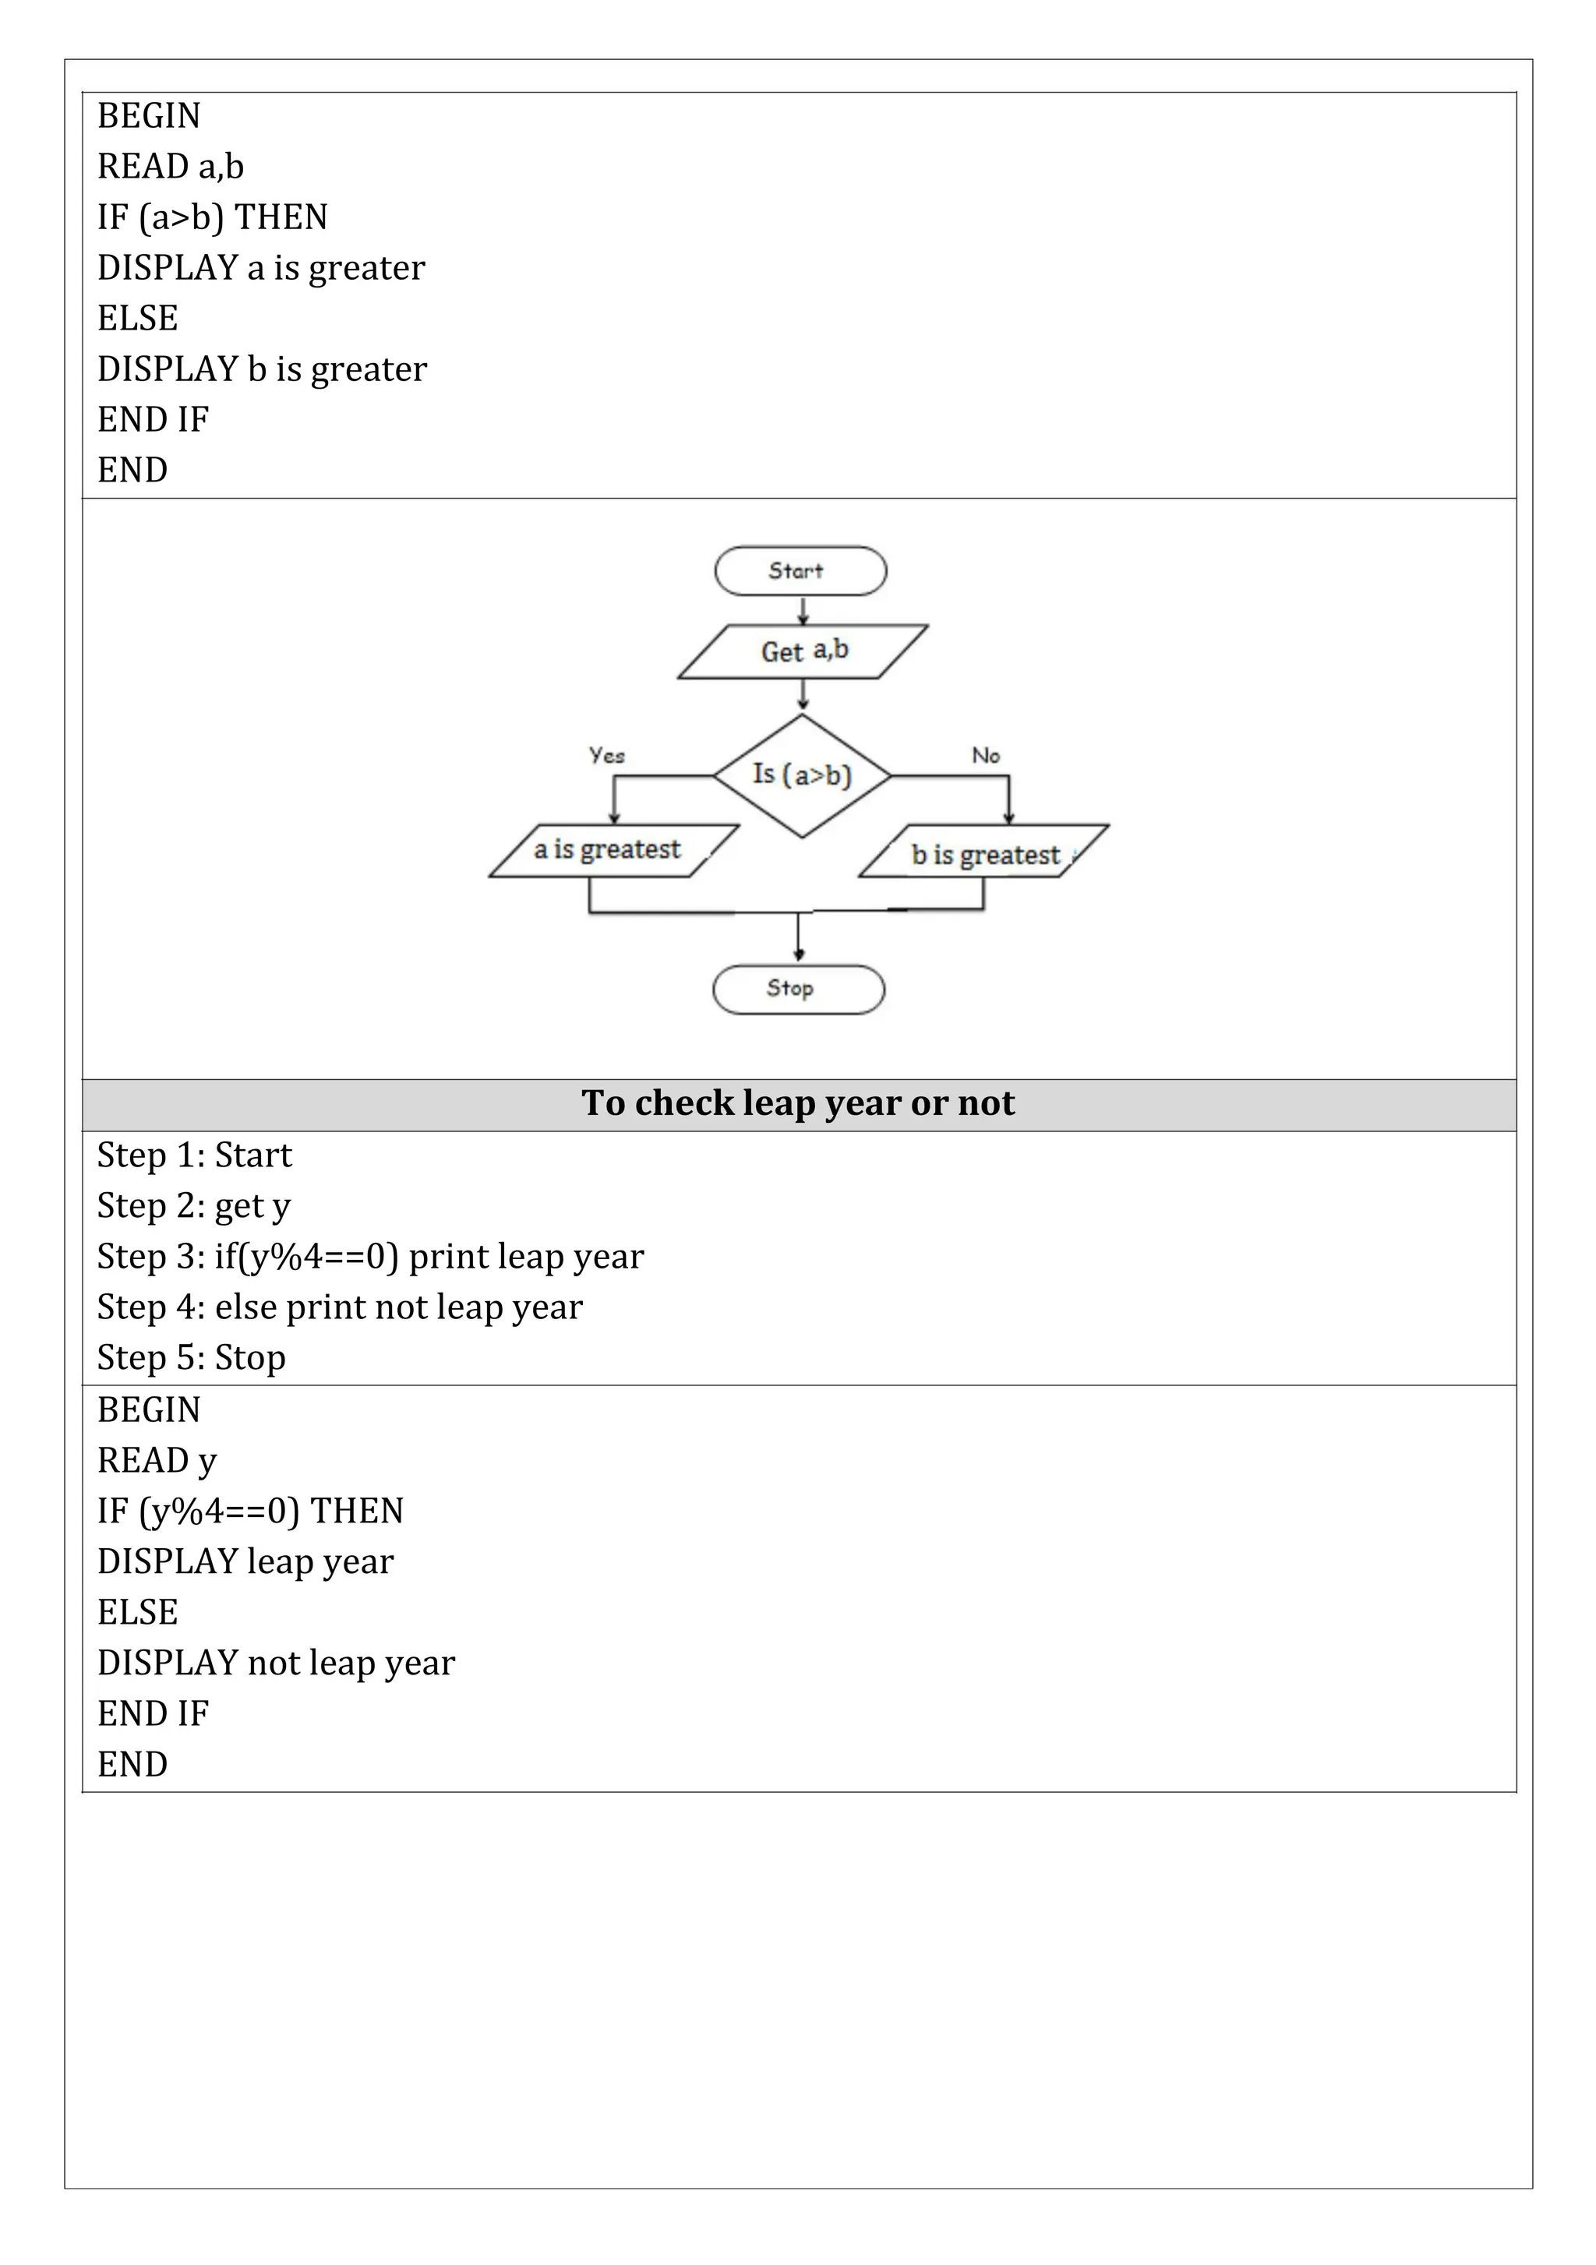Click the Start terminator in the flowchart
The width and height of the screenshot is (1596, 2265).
pyautogui.click(x=800, y=571)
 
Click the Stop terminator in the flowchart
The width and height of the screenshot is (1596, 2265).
pyautogui.click(x=798, y=989)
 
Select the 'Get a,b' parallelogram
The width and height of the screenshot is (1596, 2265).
pyautogui.click(x=803, y=651)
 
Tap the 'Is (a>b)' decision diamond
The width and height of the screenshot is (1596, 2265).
pyautogui.click(x=802, y=775)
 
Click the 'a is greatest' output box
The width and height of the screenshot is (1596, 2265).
pyautogui.click(x=613, y=850)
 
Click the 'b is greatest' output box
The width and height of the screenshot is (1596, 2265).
pyautogui.click(x=983, y=852)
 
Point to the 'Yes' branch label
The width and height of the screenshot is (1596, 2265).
pyautogui.click(x=606, y=755)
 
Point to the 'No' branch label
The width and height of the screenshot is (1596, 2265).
pyautogui.click(x=985, y=755)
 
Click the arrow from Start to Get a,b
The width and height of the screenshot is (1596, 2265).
pyautogui.click(x=803, y=609)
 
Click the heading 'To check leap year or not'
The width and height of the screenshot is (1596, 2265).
pyautogui.click(x=798, y=1103)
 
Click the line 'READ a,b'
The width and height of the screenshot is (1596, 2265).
pyautogui.click(x=171, y=166)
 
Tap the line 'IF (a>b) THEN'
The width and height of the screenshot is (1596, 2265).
pyautogui.click(x=212, y=217)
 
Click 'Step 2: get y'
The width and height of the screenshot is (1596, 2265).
pyautogui.click(x=193, y=1205)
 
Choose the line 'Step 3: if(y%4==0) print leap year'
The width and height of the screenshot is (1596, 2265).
pyautogui.click(x=370, y=1256)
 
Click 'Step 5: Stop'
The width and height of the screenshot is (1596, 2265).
pyautogui.click(x=192, y=1357)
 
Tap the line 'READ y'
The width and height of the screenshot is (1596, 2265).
pyautogui.click(x=157, y=1460)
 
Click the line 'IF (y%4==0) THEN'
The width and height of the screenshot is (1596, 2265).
pyautogui.click(x=251, y=1510)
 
